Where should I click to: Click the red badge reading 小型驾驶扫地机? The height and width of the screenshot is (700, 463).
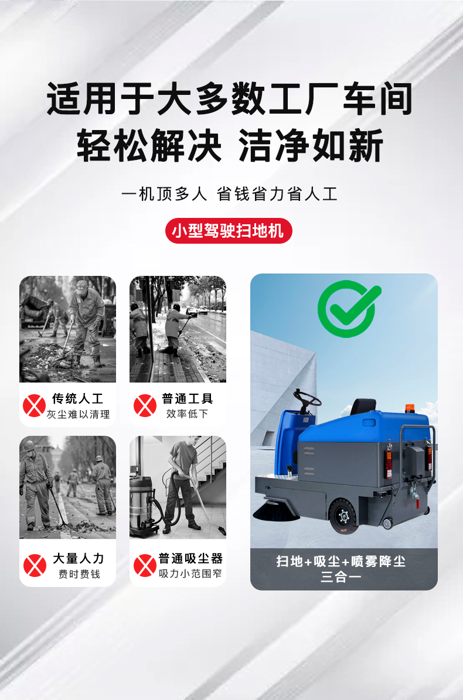228,231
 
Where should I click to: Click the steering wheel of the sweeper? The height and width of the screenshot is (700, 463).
307,401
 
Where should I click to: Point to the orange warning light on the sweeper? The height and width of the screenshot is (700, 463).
408,408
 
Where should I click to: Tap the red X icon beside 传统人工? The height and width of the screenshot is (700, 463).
34,405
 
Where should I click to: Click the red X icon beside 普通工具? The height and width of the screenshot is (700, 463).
145,405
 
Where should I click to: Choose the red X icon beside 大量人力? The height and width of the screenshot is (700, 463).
35,565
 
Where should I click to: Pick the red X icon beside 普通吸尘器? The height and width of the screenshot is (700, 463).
145,565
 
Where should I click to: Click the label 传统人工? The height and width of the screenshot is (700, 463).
78,399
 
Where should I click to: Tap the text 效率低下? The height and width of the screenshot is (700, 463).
188,414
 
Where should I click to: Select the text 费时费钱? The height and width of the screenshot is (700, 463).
79,573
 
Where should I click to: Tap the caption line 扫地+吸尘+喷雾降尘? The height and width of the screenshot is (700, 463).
341,562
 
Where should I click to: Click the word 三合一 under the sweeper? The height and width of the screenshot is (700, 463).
341,576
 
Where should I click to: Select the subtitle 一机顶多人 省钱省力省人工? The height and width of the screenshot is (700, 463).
229,194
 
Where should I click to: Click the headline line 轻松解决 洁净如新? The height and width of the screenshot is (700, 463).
230,146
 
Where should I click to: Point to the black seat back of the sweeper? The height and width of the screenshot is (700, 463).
364,405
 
